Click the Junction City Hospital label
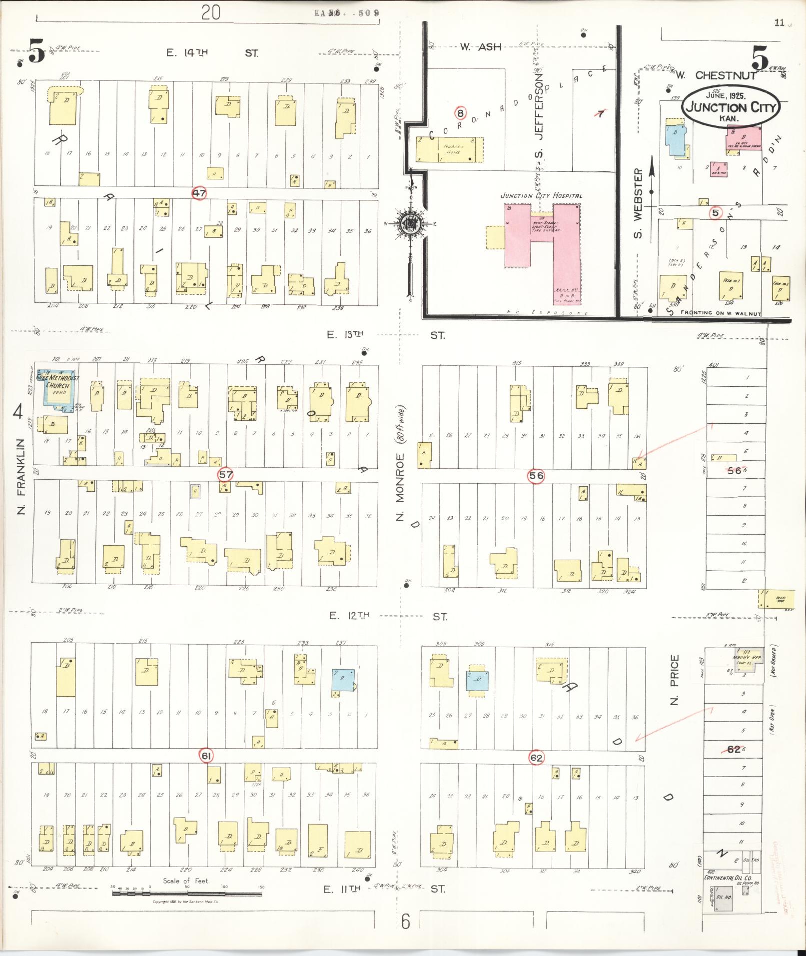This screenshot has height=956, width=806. [541, 196]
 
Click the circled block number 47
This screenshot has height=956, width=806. [199, 193]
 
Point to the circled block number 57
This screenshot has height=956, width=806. [226, 474]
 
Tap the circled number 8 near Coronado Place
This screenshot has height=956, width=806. [460, 113]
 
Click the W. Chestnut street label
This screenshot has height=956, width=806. [710, 75]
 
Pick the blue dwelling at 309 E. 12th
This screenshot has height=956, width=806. [477, 680]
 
